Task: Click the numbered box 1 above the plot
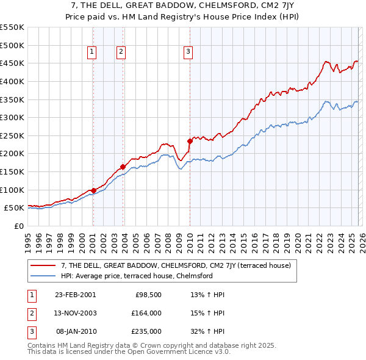[x=92, y=52]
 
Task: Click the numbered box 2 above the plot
[x=121, y=52]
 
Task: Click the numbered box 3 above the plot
[x=188, y=52]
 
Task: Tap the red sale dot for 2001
[x=93, y=190]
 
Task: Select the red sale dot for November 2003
[x=123, y=167]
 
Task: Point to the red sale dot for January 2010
[x=190, y=141]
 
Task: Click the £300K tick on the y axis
[x=12, y=117]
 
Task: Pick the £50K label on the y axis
[x=14, y=208]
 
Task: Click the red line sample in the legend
[x=44, y=265]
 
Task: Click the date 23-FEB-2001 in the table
[x=76, y=295]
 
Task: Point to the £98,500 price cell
[x=146, y=295]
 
